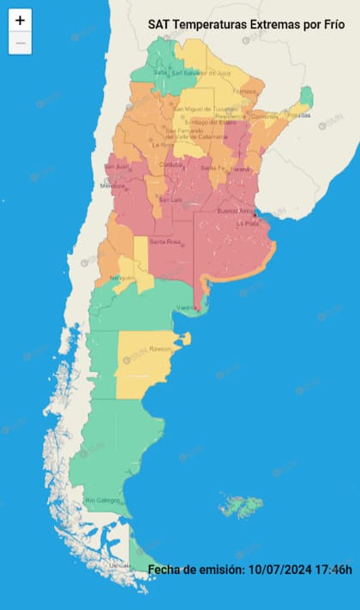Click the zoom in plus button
(x=21, y=21)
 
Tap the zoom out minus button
(x=21, y=43)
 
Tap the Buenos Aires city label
(x=236, y=210)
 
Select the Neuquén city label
(x=121, y=279)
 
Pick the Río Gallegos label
(x=103, y=499)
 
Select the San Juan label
(x=116, y=165)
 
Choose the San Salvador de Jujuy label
(x=203, y=73)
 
